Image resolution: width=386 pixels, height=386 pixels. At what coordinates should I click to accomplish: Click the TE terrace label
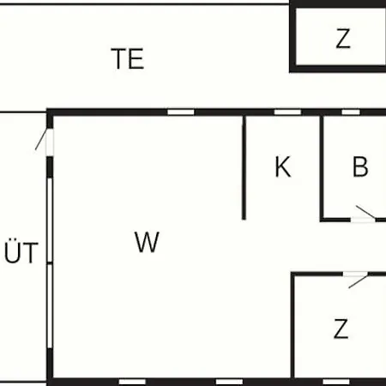coord(128,58)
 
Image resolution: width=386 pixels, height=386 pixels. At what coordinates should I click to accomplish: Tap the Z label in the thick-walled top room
coord(343,39)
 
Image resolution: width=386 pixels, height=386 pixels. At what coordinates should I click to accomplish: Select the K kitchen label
coord(283,166)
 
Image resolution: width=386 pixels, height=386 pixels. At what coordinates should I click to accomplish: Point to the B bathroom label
coord(360,166)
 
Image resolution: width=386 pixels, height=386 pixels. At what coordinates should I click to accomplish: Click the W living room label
coord(147,242)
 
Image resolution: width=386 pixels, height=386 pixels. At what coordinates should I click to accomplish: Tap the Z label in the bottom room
coord(341,329)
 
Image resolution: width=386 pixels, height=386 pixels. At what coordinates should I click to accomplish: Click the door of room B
coord(363,219)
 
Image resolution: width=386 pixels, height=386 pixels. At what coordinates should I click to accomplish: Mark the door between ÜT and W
coord(50,142)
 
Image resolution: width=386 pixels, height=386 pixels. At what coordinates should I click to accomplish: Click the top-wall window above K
coord(287,112)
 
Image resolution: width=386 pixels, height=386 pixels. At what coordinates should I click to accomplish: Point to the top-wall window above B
coord(351,112)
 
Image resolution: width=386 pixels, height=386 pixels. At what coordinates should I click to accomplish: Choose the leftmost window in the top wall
coord(181,112)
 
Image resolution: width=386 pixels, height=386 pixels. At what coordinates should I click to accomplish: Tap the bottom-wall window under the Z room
coord(336,382)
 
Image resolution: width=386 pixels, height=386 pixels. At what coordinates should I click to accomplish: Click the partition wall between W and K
coord(244,167)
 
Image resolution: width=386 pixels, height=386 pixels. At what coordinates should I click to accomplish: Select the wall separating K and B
coord(322,167)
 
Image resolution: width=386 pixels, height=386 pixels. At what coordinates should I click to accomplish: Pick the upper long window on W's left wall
coord(50,220)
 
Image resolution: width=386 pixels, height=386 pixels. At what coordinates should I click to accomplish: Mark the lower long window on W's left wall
coord(50,306)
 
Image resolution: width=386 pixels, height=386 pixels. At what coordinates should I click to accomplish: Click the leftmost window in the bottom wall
coord(132,382)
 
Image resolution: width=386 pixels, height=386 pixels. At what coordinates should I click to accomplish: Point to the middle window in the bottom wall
coord(229,382)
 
